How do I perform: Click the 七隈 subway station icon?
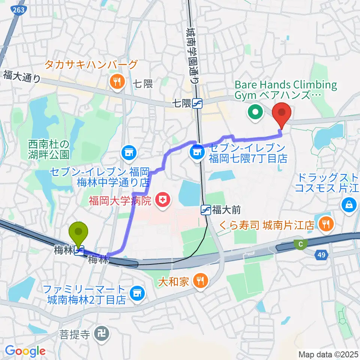197,103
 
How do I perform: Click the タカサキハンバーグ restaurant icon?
117,81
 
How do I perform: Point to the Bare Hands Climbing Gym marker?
255,112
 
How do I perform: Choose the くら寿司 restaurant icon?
324,224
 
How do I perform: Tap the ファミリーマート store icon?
137,293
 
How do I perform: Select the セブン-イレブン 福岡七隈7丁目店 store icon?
196,152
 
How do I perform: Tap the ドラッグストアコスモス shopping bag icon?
349,204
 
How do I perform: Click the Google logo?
25,351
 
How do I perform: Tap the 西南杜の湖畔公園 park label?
49,149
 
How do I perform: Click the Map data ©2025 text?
328,354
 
